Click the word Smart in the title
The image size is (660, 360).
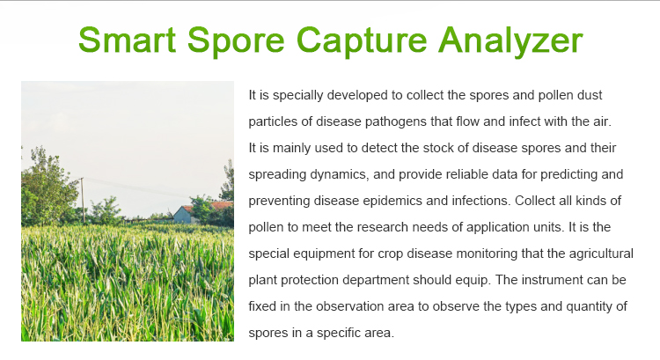(127, 40)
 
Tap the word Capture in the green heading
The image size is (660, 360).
(362, 40)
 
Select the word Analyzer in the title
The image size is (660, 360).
(510, 40)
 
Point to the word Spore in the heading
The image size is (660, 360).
(236, 40)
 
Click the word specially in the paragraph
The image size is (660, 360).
(298, 95)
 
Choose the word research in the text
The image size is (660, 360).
(383, 227)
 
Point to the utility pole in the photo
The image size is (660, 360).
(83, 201)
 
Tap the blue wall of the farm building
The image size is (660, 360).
(182, 215)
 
